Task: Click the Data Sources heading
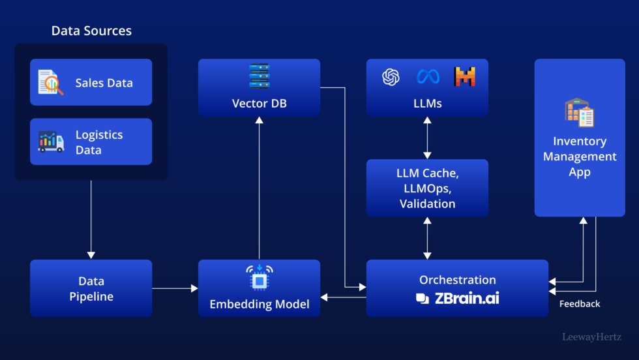(x=91, y=31)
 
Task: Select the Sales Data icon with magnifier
(x=51, y=83)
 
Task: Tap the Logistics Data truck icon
(x=51, y=142)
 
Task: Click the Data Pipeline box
(x=91, y=288)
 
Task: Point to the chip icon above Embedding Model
(x=259, y=277)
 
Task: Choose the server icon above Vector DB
(x=259, y=76)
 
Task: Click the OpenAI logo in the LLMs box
(x=391, y=77)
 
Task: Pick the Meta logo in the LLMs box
(x=428, y=77)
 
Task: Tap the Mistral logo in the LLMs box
(x=465, y=77)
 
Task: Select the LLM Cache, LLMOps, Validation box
(x=427, y=188)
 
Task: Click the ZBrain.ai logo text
(x=458, y=299)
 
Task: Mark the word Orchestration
(x=458, y=280)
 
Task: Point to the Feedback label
(x=580, y=304)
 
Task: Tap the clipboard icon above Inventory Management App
(x=579, y=113)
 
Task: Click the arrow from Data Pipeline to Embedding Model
(x=175, y=288)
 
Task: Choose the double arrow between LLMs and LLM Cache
(x=427, y=138)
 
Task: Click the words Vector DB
(x=259, y=104)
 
